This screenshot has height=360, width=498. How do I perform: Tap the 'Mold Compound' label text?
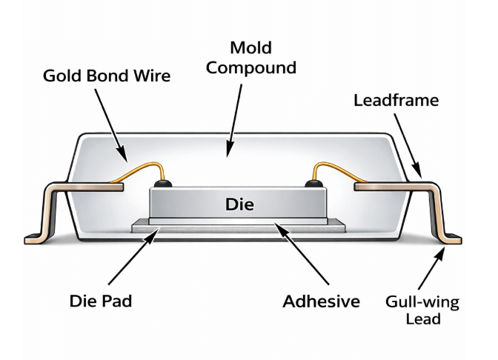pos(250,59)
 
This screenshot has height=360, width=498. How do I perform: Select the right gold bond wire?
pos(337,172)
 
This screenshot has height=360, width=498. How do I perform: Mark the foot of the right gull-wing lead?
pos(451,239)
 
